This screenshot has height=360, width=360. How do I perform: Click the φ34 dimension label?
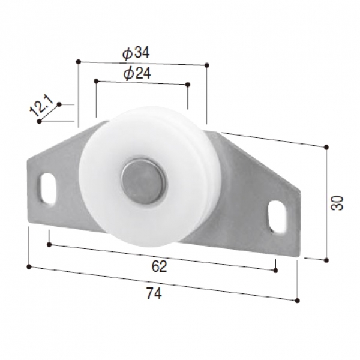click(136, 53)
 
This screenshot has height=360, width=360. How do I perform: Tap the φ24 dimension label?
click(137, 73)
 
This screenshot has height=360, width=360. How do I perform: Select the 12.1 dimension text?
click(41, 106)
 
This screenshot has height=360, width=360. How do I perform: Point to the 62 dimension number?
click(159, 266)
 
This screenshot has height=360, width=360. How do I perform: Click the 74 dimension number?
click(154, 293)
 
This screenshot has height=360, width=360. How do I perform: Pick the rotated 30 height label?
click(337, 203)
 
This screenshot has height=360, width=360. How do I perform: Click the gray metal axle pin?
click(143, 181)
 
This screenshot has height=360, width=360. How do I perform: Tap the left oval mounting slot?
click(48, 188)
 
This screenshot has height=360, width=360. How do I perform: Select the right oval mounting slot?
click(277, 217)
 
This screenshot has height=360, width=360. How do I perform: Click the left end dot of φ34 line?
click(79, 62)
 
